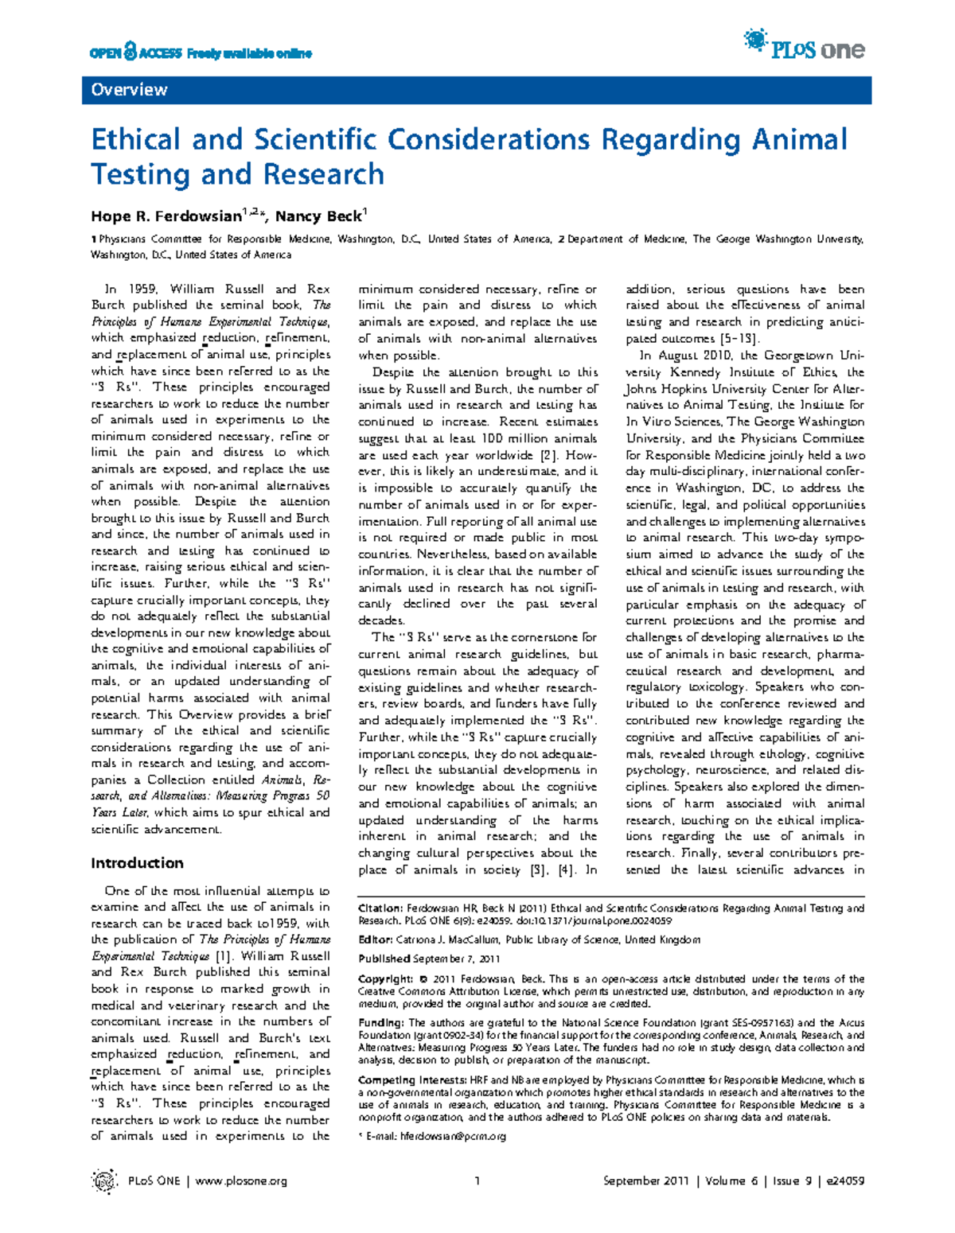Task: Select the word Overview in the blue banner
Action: [x=129, y=90]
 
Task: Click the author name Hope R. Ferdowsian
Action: [x=166, y=216]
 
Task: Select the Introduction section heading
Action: [x=137, y=863]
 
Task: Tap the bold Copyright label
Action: [x=385, y=978]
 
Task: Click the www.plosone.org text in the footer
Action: [x=240, y=1181]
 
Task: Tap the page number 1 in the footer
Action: [x=477, y=1181]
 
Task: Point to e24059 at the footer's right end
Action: [x=843, y=1181]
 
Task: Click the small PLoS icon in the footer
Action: [x=103, y=1181]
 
